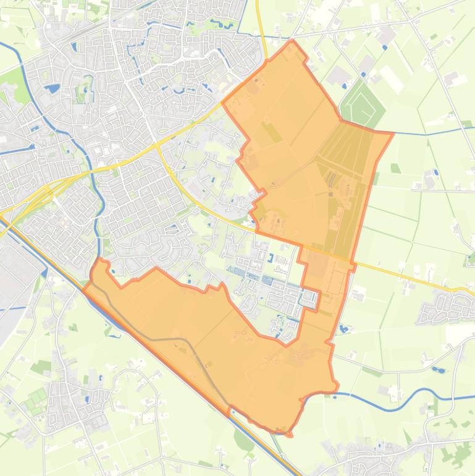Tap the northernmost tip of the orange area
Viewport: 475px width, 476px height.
[x=292, y=41]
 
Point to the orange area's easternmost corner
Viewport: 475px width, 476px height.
[x=393, y=132]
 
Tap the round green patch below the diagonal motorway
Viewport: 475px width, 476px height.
[x=244, y=439]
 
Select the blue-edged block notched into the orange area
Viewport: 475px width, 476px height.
[x=309, y=300]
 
